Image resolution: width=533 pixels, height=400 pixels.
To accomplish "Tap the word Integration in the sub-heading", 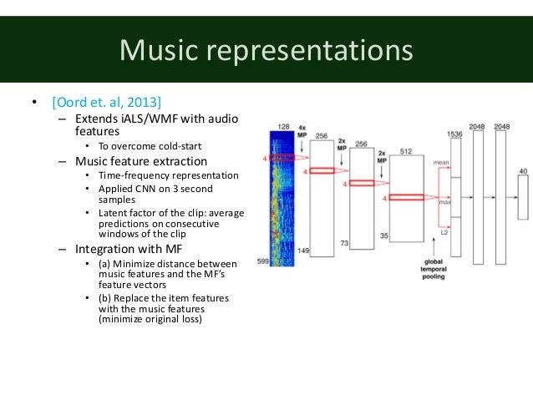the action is click(107, 249).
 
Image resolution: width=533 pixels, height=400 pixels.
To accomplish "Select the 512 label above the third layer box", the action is click(406, 151).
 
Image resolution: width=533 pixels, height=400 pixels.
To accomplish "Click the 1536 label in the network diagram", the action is click(454, 134).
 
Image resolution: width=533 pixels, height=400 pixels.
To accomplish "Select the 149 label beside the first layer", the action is click(302, 251).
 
